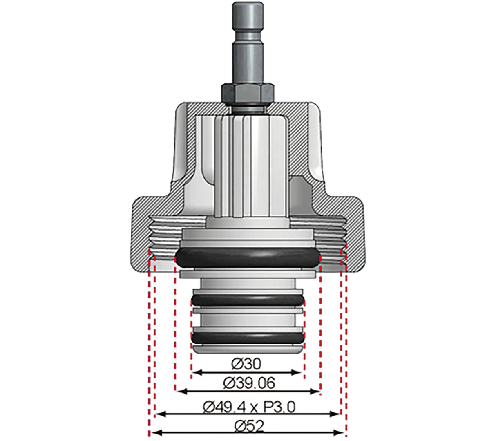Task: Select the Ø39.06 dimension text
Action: pyautogui.click(x=249, y=383)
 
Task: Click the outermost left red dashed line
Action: pyautogui.click(x=150, y=347)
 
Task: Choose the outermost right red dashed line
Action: pyautogui.click(x=346, y=347)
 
